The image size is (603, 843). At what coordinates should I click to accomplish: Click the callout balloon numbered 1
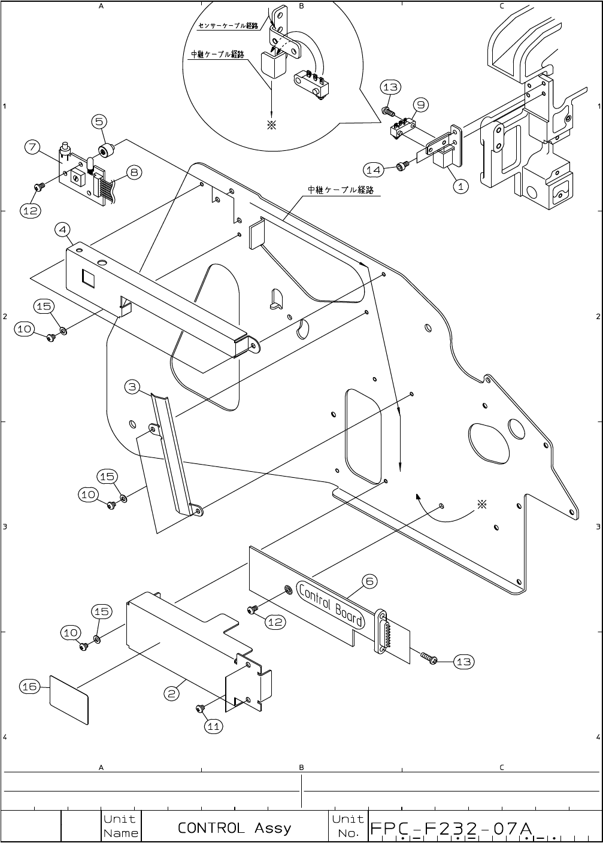(460, 186)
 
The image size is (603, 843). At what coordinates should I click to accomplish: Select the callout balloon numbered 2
(172, 693)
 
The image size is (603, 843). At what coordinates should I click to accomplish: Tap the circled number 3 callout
(132, 387)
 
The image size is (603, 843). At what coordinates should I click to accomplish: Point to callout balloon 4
(62, 229)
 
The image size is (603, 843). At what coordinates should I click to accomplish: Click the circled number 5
(99, 122)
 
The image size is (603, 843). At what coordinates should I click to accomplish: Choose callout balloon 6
(369, 581)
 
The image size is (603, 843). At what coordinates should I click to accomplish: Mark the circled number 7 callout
(33, 147)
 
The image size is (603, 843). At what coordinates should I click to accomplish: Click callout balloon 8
(134, 173)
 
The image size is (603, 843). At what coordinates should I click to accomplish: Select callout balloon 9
(421, 104)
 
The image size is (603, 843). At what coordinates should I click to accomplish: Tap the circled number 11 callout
(213, 726)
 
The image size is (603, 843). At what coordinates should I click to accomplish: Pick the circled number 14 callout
(374, 170)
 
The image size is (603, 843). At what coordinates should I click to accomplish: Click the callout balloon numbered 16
(30, 687)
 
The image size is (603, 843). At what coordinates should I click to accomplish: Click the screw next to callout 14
(403, 165)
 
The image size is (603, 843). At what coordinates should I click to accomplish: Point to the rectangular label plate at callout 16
(69, 700)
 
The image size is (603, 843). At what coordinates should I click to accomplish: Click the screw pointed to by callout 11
(199, 709)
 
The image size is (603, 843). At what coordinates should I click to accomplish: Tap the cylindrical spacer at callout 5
(106, 150)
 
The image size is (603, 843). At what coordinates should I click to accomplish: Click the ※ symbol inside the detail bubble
(271, 125)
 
